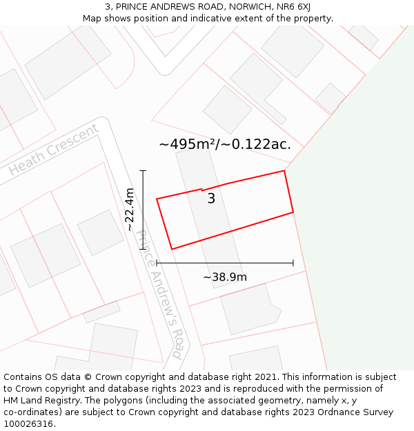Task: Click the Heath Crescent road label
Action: [x=54, y=150]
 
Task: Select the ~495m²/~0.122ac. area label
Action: [x=225, y=144]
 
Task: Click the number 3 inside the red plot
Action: [x=211, y=199]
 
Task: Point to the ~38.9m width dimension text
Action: [x=225, y=277]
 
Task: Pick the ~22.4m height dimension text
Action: [x=129, y=210]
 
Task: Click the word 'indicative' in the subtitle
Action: [x=219, y=18]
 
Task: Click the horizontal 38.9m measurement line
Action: [x=225, y=263]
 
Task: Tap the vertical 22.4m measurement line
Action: [x=143, y=210]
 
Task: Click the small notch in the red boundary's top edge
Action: [x=201, y=189]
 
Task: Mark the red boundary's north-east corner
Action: [x=284, y=171]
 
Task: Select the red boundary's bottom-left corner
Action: [x=171, y=249]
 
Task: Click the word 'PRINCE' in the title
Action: [x=130, y=6]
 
